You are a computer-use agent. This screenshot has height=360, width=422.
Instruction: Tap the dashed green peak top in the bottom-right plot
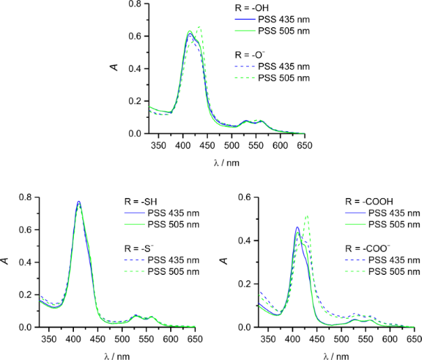tap(306, 216)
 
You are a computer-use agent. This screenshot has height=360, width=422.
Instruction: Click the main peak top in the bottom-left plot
tap(79, 202)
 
